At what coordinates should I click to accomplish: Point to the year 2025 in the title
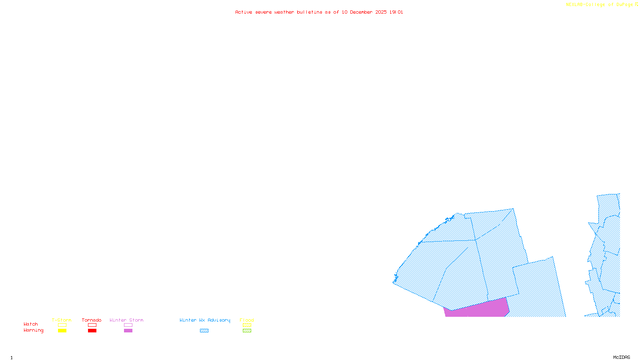point(381,12)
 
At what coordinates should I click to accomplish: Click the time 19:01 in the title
point(396,12)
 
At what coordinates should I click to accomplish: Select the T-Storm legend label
point(62,320)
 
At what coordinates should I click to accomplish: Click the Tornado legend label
point(92,320)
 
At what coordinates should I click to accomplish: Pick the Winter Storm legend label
point(126,320)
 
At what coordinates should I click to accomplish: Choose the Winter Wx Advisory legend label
point(205,320)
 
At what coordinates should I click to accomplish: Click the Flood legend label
point(247,320)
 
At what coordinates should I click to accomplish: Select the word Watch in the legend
point(31,324)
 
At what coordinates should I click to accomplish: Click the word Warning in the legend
point(33,330)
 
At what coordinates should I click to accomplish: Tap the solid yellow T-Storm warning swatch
point(62,331)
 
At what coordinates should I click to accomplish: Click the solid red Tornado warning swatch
point(92,331)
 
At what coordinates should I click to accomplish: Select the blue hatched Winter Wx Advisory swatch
point(204,331)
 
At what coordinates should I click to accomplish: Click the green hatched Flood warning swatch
point(247,331)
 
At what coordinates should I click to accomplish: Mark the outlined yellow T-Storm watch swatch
point(62,325)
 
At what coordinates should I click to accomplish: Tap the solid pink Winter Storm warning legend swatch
point(128,331)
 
